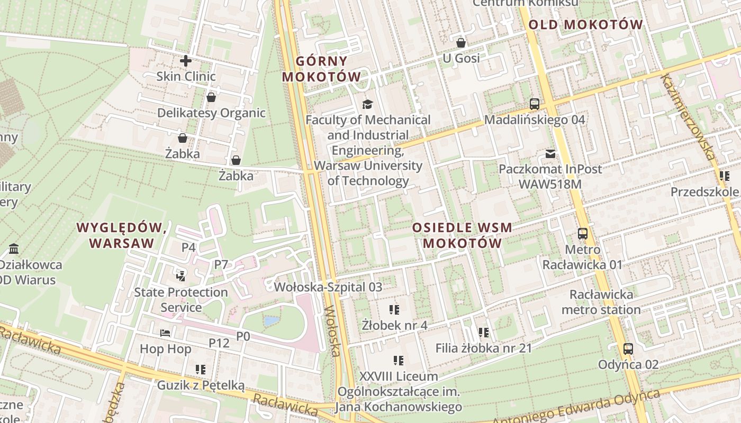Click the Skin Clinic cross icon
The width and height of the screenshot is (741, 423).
(x=186, y=61)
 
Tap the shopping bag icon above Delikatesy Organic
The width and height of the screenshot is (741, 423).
(x=211, y=97)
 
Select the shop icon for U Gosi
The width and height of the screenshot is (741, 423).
(x=461, y=42)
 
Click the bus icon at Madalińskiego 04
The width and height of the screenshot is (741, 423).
(x=535, y=104)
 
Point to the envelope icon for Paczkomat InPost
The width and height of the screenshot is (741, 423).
(x=550, y=154)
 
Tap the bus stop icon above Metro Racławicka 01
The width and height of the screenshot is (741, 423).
(x=583, y=233)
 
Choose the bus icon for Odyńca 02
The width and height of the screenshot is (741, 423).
(x=628, y=349)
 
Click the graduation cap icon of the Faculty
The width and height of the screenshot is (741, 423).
(x=367, y=104)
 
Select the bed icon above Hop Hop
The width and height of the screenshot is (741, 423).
(x=165, y=333)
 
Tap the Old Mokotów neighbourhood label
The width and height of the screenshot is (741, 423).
(x=585, y=24)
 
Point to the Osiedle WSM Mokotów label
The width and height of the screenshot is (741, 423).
(x=462, y=235)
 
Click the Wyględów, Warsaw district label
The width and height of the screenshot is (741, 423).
(x=122, y=235)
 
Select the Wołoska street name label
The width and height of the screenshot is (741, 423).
(x=332, y=331)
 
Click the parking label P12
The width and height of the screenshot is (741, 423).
(x=219, y=343)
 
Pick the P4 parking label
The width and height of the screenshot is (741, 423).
(x=189, y=247)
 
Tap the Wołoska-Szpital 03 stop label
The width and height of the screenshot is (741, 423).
(x=328, y=287)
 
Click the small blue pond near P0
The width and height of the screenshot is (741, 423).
(x=270, y=321)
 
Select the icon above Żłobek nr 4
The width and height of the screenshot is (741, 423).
(x=394, y=309)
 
